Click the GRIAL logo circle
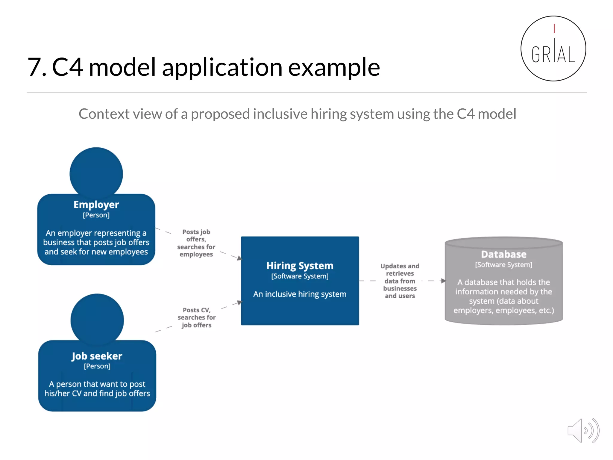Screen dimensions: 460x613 click(x=553, y=49)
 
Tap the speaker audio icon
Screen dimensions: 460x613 click(x=583, y=431)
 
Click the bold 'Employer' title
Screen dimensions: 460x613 click(x=96, y=205)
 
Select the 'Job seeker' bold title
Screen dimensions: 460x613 click(x=97, y=356)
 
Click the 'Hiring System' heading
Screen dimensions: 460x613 click(x=300, y=266)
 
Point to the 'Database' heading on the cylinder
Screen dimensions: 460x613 click(x=503, y=254)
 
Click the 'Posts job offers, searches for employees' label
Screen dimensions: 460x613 click(x=196, y=243)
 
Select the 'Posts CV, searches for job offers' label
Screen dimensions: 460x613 click(x=196, y=317)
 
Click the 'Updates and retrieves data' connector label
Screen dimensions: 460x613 click(x=400, y=281)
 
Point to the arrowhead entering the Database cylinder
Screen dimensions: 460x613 click(x=443, y=281)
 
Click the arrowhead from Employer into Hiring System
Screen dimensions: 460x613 click(x=239, y=258)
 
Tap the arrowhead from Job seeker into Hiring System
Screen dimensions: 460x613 click(x=239, y=302)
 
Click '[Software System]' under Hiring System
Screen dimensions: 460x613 click(x=300, y=276)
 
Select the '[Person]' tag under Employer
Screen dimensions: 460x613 click(x=96, y=215)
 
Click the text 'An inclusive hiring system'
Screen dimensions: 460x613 click(x=300, y=294)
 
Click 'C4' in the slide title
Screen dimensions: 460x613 click(x=67, y=67)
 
